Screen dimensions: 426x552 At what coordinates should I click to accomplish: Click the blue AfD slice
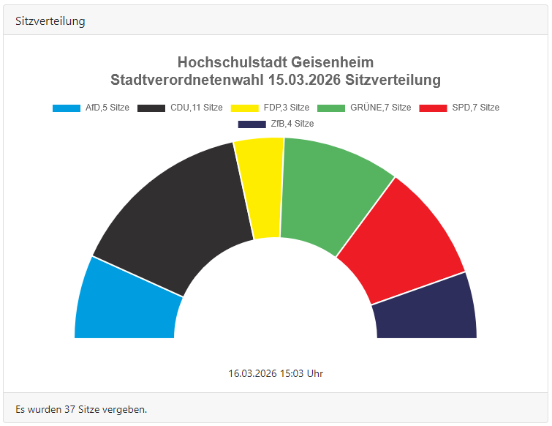(124, 304)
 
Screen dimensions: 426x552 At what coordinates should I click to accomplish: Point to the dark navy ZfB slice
(428, 311)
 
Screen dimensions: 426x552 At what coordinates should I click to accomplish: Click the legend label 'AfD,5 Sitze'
(107, 108)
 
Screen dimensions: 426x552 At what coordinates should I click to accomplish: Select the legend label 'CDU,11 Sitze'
(196, 108)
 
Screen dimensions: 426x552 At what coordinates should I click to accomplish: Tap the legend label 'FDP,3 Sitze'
(286, 108)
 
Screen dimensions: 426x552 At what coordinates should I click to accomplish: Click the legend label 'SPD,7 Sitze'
(475, 108)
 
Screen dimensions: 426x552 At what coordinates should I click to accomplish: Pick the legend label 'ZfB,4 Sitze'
(292, 124)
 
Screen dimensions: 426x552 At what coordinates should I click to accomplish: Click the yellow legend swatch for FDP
(245, 108)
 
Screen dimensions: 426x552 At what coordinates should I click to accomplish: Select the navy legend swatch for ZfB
(252, 124)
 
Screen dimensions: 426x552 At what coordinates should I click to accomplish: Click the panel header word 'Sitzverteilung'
(50, 21)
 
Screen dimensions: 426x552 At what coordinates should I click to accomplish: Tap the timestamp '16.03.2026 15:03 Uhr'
(276, 373)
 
